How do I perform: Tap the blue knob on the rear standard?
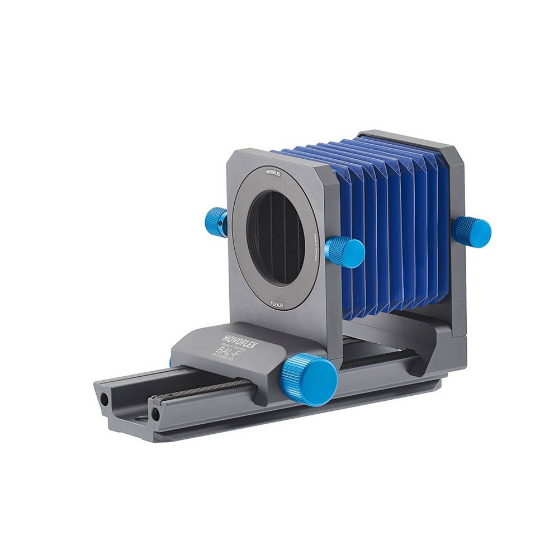(471, 231)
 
